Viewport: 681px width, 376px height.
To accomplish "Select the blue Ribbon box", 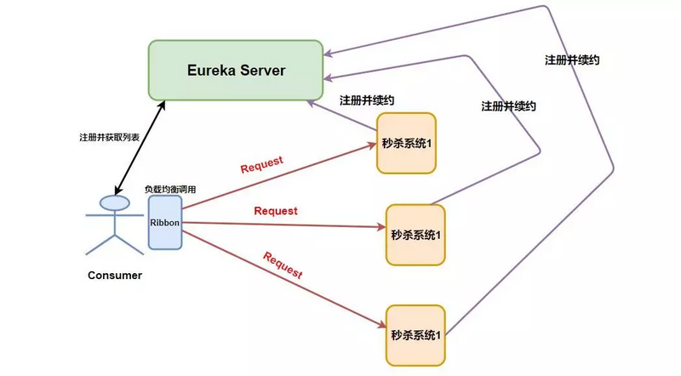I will click(x=165, y=222).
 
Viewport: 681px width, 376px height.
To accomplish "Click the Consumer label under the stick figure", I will click(x=115, y=275).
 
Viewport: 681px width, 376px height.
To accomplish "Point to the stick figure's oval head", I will click(x=114, y=202).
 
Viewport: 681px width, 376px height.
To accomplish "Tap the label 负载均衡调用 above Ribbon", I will click(x=170, y=189).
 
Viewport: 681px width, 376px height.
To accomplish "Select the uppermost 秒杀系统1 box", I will click(x=406, y=142).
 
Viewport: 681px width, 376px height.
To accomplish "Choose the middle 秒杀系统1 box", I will click(x=415, y=233).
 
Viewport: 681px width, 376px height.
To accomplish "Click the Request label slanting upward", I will click(x=261, y=163).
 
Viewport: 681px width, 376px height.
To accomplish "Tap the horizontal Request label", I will click(x=276, y=210).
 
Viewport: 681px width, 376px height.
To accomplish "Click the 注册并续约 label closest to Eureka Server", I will click(x=366, y=100).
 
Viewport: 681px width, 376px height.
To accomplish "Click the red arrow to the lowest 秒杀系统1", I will click(x=281, y=276).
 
